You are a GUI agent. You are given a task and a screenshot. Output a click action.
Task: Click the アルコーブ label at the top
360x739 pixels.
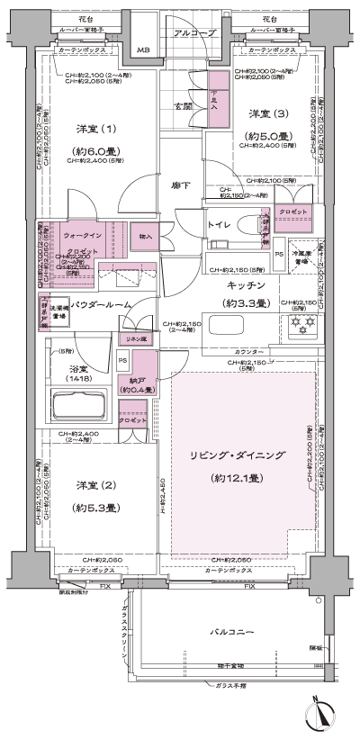[x=192, y=32]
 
